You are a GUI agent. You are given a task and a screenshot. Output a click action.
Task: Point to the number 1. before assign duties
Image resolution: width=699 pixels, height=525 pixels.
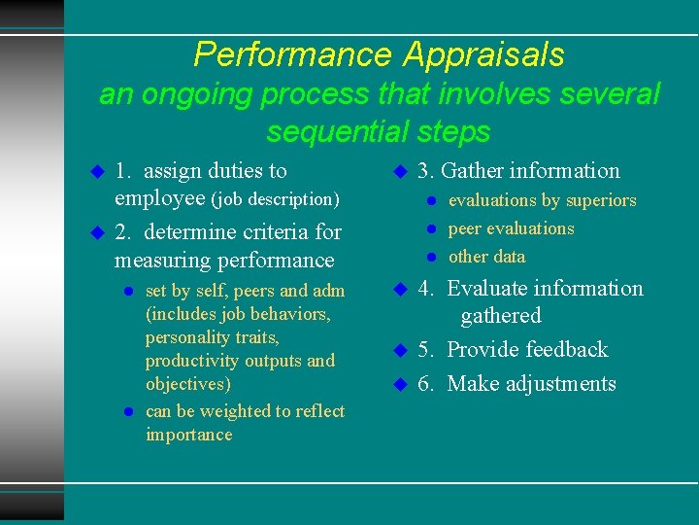point(123,171)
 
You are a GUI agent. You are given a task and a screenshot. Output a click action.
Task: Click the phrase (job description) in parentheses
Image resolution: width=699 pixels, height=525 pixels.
point(276,200)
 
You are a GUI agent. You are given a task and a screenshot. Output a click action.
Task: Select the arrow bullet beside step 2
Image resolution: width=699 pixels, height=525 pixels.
point(96,233)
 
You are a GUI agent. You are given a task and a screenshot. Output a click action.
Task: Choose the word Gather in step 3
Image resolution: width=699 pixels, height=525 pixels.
point(472,171)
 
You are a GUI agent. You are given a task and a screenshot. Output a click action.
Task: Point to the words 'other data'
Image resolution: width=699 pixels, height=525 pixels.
point(486,257)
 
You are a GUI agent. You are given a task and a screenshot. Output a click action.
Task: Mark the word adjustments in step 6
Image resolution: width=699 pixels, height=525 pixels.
point(559,384)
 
